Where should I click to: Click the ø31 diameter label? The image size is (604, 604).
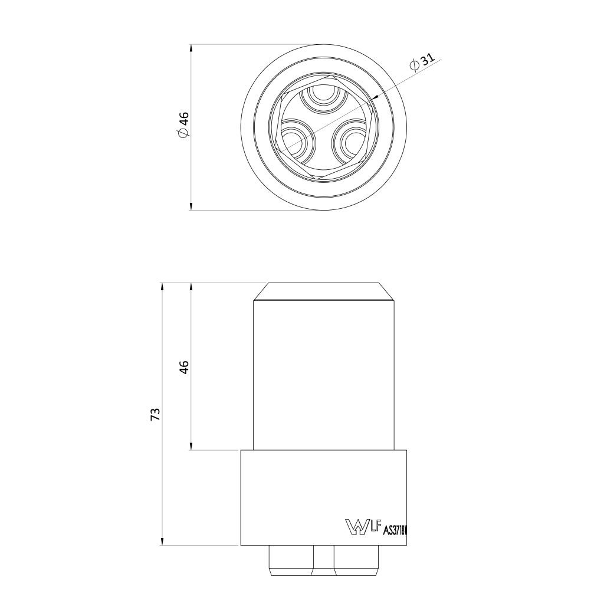[422, 63]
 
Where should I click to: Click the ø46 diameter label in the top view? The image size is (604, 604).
[183, 124]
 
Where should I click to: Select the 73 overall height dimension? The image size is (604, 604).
[155, 414]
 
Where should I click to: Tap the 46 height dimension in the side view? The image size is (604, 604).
[185, 367]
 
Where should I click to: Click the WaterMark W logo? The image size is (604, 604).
[356, 526]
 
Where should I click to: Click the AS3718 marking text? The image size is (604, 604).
[395, 530]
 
